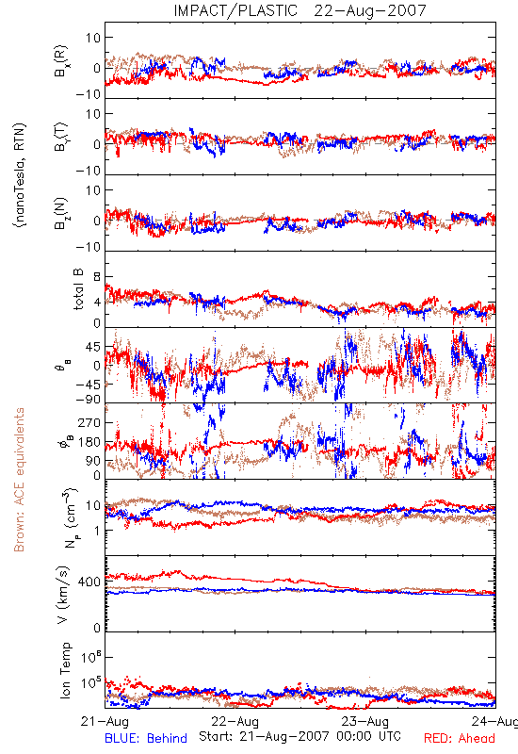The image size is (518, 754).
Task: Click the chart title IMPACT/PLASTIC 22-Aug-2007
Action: [x=299, y=10]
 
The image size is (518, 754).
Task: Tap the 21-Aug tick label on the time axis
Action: [x=105, y=721]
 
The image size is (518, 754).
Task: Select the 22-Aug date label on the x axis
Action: [x=235, y=721]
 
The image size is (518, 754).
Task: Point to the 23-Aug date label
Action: [x=365, y=721]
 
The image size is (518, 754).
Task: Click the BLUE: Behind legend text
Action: [x=146, y=738]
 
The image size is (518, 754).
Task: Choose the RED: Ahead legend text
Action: [x=460, y=738]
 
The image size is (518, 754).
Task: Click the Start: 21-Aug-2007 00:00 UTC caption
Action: [x=299, y=736]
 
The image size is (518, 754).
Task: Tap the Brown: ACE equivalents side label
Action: [x=19, y=480]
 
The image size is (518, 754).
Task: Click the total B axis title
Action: [x=78, y=289]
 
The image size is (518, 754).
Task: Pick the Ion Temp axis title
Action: [x=65, y=670]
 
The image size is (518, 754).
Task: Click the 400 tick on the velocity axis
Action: [x=89, y=582]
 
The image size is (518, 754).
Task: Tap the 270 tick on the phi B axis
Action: [x=89, y=422]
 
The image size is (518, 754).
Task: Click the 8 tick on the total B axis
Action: [x=97, y=277]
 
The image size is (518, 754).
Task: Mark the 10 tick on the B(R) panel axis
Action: [x=93, y=38]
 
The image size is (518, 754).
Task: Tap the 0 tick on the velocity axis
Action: [x=97, y=628]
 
